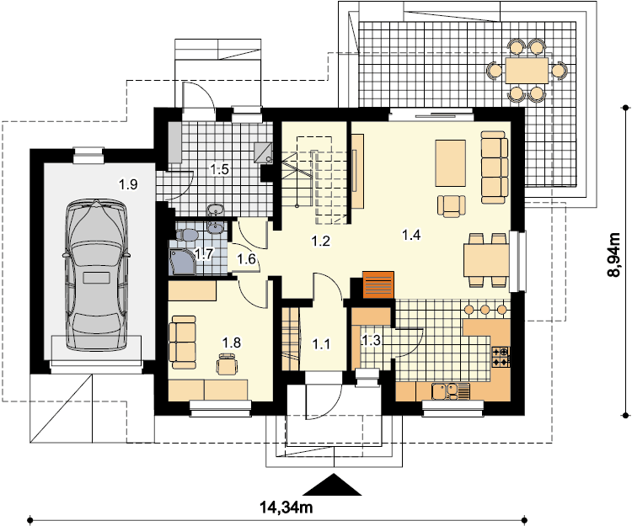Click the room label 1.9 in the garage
pos(128,184)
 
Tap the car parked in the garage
pos(96,274)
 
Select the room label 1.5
pos(219,169)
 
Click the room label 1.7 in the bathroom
pos(204,254)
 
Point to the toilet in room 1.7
pos(186,234)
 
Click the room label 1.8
pos(232,343)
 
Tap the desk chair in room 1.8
pos(227,364)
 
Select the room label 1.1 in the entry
pos(321,344)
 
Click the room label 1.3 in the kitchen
pos(371,341)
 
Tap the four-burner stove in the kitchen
pos(501,357)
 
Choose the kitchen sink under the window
pos(451,391)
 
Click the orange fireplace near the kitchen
pos(378,285)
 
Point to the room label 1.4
pos(411,234)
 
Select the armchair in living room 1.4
pos(452,206)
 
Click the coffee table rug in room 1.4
pos(450,163)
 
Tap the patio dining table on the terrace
pos(527,71)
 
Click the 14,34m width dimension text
pos(287,507)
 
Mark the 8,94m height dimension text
pos(613,254)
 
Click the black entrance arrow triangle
pos(333,485)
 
